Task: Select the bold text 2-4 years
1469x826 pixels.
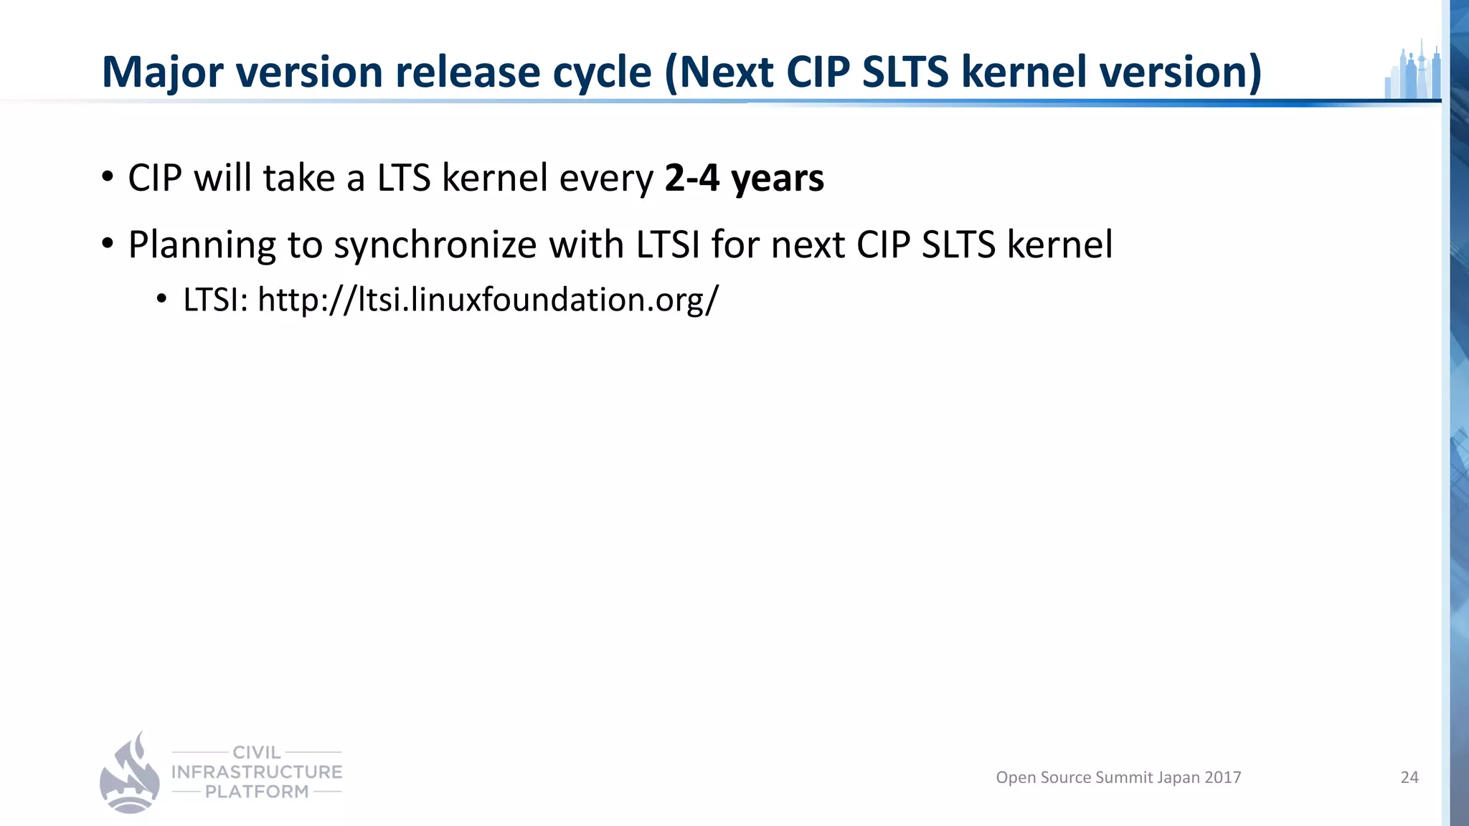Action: [744, 178]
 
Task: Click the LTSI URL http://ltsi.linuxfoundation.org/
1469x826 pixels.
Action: [488, 300]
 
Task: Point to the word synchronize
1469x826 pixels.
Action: [435, 245]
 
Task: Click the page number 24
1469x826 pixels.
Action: [1409, 777]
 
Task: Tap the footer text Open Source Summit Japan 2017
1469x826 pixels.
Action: [1118, 777]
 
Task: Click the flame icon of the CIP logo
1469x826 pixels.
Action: [130, 774]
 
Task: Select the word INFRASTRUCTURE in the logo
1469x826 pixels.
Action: [257, 772]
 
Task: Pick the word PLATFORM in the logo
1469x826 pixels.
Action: [257, 792]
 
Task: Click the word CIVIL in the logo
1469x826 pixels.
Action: [257, 752]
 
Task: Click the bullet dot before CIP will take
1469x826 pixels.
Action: [108, 176]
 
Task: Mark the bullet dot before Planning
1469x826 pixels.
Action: [108, 244]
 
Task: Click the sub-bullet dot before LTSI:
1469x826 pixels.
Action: [161, 299]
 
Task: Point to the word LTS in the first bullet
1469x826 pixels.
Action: [403, 178]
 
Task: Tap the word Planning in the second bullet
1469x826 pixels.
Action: [202, 245]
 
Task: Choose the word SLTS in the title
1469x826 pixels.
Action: [905, 73]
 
